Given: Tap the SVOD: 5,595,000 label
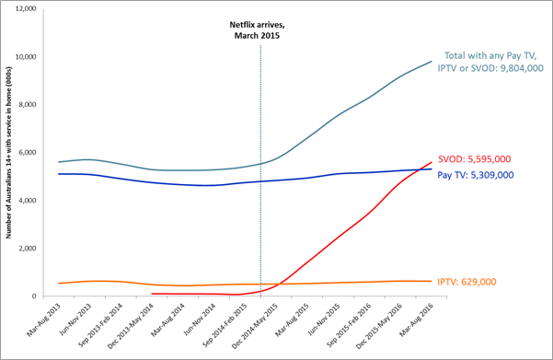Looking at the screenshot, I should (x=489, y=157).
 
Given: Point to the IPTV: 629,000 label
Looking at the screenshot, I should (x=488, y=282).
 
